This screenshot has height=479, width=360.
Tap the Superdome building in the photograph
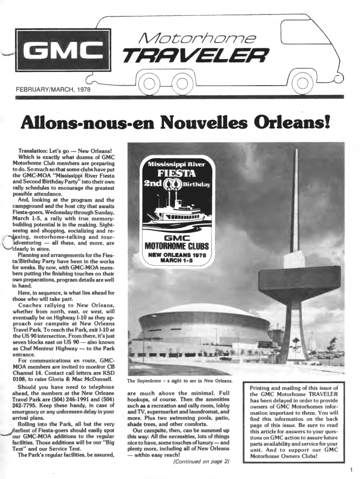point(201,327)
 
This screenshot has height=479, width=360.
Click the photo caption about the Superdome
point(180,380)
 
